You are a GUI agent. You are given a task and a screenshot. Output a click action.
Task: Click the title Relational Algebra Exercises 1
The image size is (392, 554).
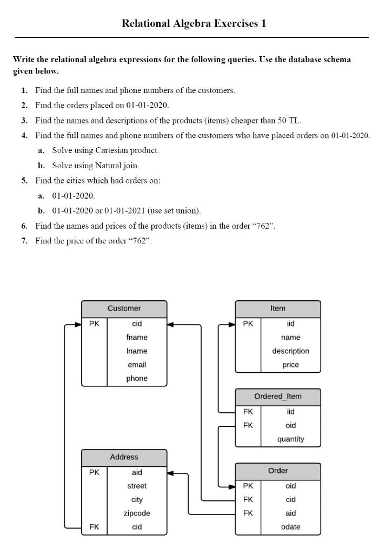pyautogui.click(x=194, y=23)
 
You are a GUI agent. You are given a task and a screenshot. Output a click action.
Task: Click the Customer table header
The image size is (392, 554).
pyautogui.click(x=124, y=308)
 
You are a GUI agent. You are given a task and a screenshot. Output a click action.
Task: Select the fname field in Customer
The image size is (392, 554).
pyautogui.click(x=137, y=337)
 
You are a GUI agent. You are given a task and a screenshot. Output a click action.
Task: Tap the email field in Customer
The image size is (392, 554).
pyautogui.click(x=137, y=365)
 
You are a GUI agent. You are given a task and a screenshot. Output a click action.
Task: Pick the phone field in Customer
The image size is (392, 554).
pyautogui.click(x=137, y=379)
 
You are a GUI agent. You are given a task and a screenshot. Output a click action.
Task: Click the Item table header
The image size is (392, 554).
pyautogui.click(x=277, y=308)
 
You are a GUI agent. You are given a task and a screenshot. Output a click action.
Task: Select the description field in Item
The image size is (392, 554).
pyautogui.click(x=290, y=351)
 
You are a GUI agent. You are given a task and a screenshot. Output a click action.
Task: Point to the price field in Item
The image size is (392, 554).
pyautogui.click(x=290, y=365)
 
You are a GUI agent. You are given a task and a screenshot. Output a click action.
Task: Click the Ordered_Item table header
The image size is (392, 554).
pyautogui.click(x=277, y=397)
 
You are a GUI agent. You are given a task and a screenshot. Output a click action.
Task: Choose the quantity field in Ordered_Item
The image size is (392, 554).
pyautogui.click(x=290, y=439)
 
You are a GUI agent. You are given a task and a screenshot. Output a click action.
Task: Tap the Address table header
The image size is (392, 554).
pyautogui.click(x=124, y=457)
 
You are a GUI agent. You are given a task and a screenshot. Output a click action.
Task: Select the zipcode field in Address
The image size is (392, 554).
pyautogui.click(x=137, y=513)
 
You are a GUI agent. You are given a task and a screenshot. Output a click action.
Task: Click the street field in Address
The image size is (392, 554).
pyautogui.click(x=137, y=486)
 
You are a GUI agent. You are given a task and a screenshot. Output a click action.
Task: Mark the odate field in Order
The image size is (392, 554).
pyautogui.click(x=290, y=527)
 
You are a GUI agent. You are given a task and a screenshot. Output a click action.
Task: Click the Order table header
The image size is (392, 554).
pyautogui.click(x=277, y=471)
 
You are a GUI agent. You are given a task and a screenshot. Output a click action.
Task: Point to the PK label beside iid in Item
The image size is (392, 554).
pyautogui.click(x=248, y=324)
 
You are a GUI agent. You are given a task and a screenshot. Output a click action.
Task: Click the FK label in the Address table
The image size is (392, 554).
pyautogui.click(x=94, y=527)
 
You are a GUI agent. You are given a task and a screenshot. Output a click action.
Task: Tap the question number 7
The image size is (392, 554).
pyautogui.click(x=25, y=241)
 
